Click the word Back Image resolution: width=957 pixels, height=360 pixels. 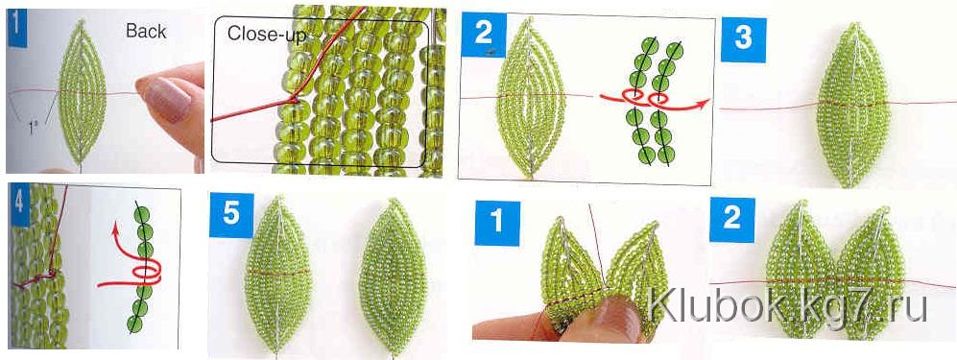point(146,31)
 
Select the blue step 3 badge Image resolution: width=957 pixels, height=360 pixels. point(743,39)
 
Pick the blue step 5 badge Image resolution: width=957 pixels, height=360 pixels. point(231,215)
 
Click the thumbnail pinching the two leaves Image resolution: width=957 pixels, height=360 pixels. point(615,316)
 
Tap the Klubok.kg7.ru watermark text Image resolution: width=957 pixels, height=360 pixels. point(787,306)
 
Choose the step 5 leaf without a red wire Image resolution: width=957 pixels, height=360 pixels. point(392,276)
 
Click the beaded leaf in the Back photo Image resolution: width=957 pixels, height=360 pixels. point(82,93)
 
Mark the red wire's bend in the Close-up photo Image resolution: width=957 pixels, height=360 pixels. point(293,98)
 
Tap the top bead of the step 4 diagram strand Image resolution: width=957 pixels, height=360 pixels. point(142,214)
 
